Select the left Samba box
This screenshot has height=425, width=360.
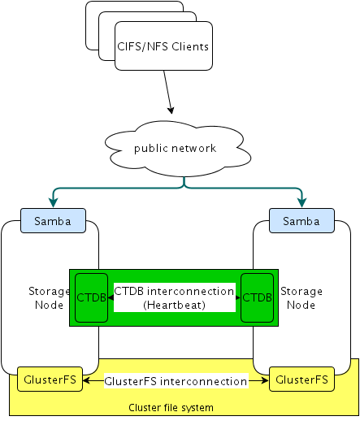[x=50, y=220]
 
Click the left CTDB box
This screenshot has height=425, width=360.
[x=91, y=297]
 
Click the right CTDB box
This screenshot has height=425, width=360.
[x=257, y=297]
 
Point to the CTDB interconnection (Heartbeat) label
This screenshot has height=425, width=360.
[x=174, y=297]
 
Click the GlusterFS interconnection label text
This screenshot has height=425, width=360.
[x=176, y=380]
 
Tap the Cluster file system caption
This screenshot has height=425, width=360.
[x=171, y=406]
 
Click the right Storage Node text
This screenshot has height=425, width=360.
[x=301, y=297]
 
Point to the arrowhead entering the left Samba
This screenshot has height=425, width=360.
[x=52, y=204]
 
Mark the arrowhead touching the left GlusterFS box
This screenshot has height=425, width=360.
[x=85, y=380]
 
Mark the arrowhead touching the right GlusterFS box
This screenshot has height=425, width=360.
[x=266, y=380]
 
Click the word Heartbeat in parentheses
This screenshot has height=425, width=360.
[x=176, y=305]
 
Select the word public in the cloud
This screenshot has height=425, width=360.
[x=154, y=148]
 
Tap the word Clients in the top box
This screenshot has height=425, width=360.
[x=189, y=46]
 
